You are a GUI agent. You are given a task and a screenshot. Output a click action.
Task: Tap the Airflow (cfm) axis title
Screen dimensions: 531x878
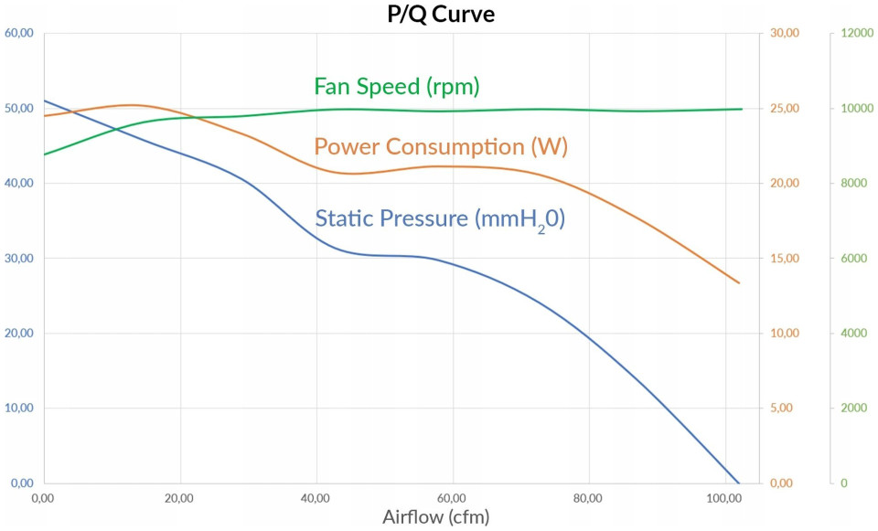(x=435, y=517)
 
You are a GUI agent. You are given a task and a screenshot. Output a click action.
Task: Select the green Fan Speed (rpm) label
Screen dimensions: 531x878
(x=397, y=87)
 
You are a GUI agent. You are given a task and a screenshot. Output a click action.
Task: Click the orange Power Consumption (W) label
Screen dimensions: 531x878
(x=440, y=147)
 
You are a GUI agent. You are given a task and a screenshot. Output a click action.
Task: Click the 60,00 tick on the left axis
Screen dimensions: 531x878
(x=19, y=33)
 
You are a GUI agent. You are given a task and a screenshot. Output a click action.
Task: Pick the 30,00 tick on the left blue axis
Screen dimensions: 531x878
(x=19, y=258)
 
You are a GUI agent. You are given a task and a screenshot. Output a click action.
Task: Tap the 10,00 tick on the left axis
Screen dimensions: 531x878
(x=19, y=408)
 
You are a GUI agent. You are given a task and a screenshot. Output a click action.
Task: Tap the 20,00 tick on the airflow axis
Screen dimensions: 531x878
(x=179, y=498)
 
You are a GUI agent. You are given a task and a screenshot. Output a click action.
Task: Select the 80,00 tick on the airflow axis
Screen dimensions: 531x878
(x=587, y=498)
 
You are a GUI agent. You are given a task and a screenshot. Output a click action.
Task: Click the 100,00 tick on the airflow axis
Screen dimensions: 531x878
(x=723, y=498)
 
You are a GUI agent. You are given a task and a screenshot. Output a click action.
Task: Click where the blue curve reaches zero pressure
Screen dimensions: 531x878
(x=739, y=483)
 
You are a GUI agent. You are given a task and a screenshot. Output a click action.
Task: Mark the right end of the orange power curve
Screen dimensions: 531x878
(x=739, y=283)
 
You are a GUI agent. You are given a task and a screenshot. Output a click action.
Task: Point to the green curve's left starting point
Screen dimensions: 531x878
(x=44, y=154)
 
